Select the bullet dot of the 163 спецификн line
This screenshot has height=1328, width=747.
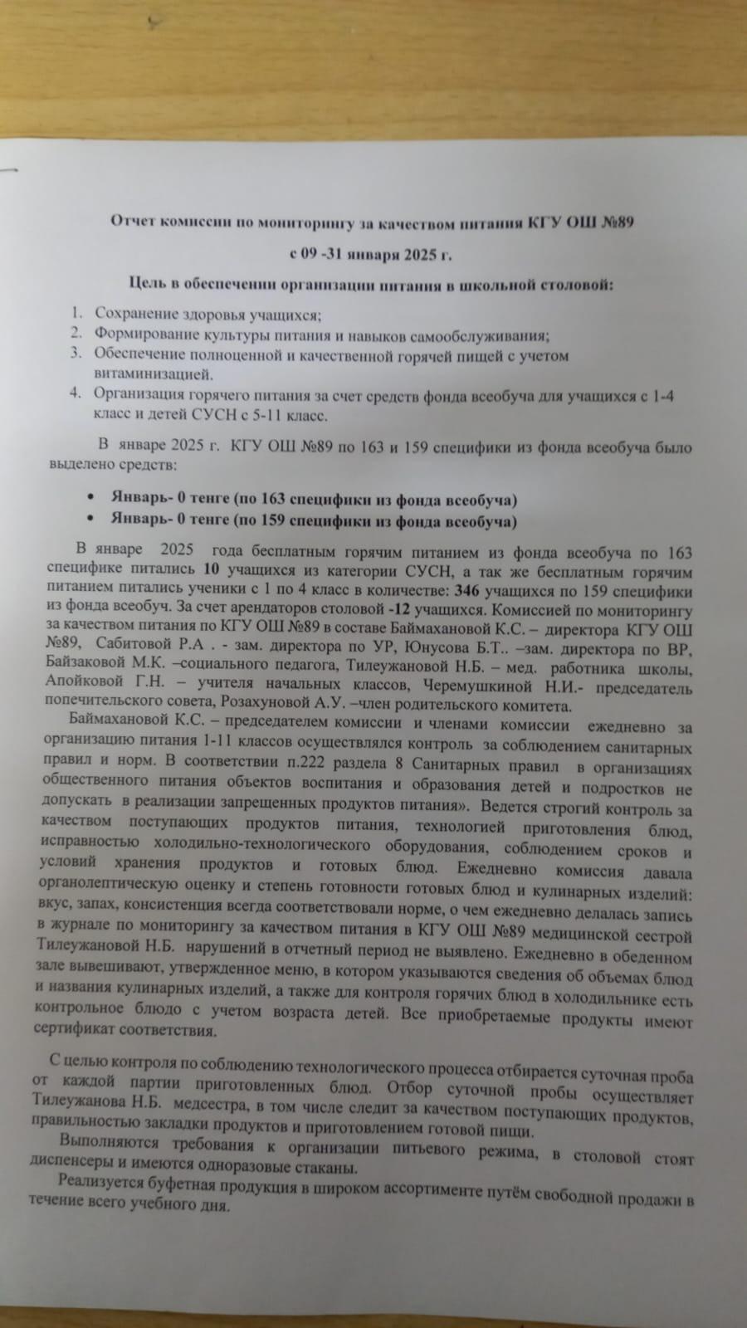coord(90,499)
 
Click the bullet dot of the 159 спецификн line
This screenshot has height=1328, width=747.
coord(90,521)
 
